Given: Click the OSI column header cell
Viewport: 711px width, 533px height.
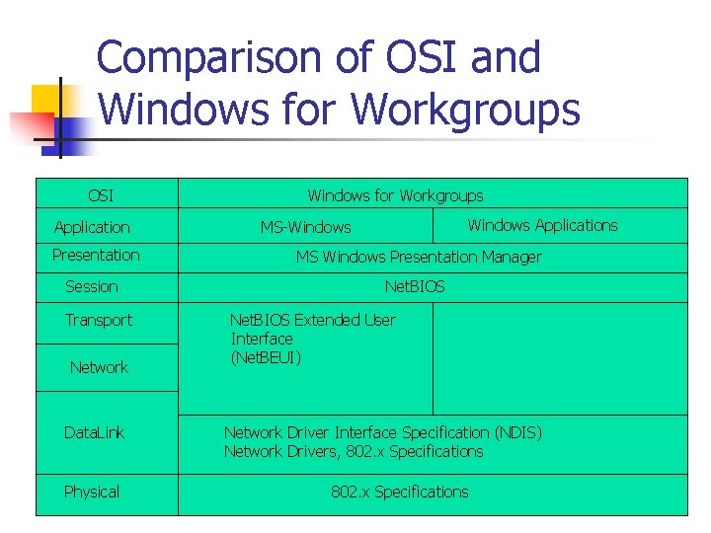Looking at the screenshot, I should [x=101, y=195].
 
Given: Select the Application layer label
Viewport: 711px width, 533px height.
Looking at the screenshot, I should [x=92, y=227].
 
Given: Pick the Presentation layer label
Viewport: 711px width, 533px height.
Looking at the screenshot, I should [x=96, y=255].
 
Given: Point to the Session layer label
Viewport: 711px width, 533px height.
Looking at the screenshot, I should [x=92, y=286].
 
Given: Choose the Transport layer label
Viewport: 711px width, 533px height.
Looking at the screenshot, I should [x=99, y=320].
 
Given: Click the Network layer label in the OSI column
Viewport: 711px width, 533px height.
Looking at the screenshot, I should [x=99, y=367].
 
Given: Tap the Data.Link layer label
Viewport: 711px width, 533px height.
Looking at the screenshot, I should [x=94, y=432].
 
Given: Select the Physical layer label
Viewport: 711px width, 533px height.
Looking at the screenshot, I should [x=92, y=492].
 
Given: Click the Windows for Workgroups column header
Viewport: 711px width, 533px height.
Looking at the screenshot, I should [x=395, y=195].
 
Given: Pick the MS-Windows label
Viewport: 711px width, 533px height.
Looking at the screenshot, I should [x=305, y=227].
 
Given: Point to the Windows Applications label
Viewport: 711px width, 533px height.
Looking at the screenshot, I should [x=542, y=225].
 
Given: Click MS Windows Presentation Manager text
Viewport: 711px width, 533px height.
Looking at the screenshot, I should [x=419, y=257].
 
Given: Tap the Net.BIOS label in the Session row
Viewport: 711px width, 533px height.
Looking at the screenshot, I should [x=415, y=286].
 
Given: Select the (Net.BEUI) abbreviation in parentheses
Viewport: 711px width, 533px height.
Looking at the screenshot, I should [x=266, y=357].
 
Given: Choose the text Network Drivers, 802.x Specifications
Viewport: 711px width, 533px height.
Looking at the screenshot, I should [x=354, y=451].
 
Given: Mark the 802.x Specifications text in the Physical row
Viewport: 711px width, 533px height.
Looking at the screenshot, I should [x=400, y=492].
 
